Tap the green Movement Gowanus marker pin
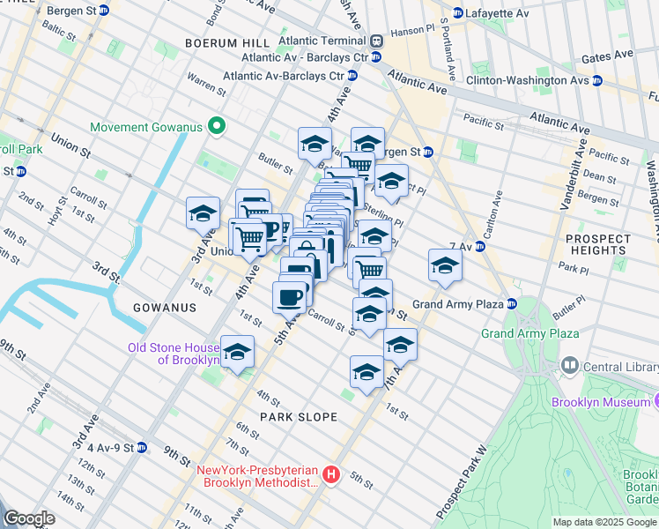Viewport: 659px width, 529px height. [x=214, y=126]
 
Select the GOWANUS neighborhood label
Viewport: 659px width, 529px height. [x=164, y=307]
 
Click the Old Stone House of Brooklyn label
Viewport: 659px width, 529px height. [x=174, y=354]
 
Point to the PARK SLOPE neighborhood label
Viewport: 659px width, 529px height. [x=298, y=416]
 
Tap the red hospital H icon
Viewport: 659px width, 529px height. [x=331, y=475]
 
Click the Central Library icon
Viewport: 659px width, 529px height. [x=569, y=365]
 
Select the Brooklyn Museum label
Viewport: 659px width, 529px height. [x=599, y=402]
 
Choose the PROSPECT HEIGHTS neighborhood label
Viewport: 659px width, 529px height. [x=598, y=244]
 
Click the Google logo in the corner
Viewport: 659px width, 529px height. [x=29, y=518]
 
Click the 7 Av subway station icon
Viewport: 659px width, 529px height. [x=480, y=247]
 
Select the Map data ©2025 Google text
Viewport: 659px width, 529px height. [x=603, y=522]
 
